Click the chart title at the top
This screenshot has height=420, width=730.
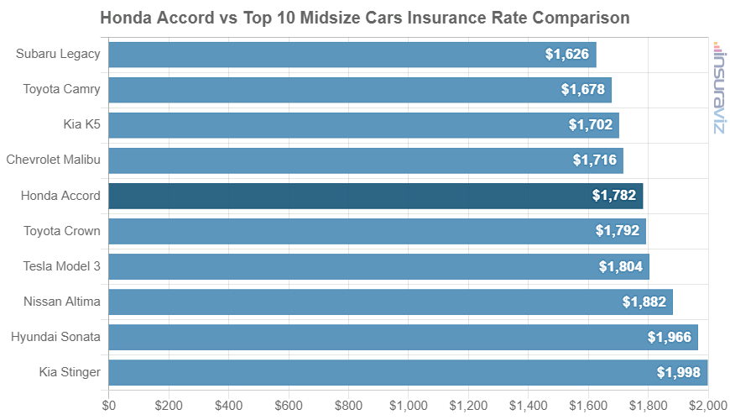pos(365,18)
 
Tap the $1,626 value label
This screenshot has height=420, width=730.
pos(567,55)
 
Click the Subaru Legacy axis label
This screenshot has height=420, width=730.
pos(58,54)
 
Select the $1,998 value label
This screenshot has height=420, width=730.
pos(679,372)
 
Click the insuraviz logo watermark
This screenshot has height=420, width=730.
pos(719,87)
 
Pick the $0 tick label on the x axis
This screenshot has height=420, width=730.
pos(109,405)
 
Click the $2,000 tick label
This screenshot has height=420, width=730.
pos(707,405)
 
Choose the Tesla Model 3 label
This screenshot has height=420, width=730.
pos(61,266)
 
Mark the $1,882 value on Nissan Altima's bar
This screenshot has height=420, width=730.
pos(644,302)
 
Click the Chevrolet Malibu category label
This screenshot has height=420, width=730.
pos(53,160)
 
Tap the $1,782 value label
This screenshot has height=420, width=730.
pos(614,196)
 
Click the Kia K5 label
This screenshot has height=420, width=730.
pos(81,124)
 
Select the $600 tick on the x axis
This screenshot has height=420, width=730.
pos(289,405)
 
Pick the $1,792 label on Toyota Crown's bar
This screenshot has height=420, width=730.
pos(618,231)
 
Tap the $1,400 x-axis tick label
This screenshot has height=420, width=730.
pos(528,405)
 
